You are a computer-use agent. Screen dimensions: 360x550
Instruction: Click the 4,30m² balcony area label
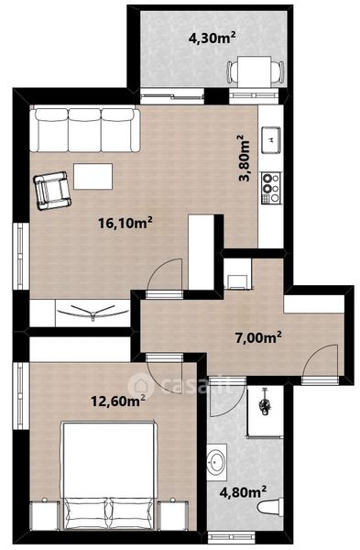point(212,38)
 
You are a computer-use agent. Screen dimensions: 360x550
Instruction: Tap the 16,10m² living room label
point(125,223)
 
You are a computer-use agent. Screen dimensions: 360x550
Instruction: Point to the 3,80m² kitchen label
point(245,158)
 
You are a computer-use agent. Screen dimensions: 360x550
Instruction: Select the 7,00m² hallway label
point(258,337)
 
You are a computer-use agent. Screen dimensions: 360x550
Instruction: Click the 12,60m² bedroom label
point(118,401)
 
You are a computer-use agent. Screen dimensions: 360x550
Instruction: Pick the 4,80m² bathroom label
point(243,491)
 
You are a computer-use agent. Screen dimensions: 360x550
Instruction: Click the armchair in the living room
point(52,191)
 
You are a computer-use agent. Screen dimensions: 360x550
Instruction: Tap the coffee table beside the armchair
point(93,176)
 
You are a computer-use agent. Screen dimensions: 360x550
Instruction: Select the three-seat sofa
point(85,130)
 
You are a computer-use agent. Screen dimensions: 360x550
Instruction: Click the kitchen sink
point(271,139)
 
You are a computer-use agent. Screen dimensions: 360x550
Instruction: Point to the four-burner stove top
point(271,188)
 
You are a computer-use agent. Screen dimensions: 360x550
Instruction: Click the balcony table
point(254,71)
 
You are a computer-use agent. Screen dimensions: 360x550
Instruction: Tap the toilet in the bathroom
point(270,507)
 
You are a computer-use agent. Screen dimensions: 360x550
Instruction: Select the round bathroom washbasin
point(216,462)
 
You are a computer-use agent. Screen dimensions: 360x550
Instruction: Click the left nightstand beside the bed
point(45,514)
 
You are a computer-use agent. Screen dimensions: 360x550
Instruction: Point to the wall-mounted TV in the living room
point(93,311)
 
